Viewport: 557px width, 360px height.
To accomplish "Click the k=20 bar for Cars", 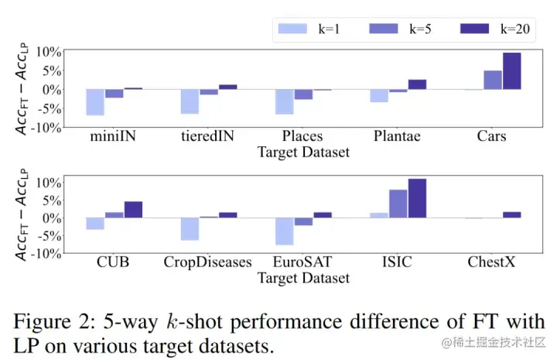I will tap(511, 70).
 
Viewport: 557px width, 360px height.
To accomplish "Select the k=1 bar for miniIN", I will tap(95, 102).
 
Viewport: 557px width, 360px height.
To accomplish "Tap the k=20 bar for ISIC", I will tap(417, 198).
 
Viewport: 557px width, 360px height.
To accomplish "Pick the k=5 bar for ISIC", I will tap(398, 204).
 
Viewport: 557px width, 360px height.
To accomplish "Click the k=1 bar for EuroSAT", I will tap(284, 231).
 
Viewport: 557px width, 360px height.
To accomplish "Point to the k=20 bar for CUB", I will tap(133, 210).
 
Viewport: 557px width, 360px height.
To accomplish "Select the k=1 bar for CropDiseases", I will tap(190, 229).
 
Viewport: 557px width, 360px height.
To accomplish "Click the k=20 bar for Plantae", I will tap(417, 84).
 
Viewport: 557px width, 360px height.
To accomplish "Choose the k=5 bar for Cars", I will tap(493, 80).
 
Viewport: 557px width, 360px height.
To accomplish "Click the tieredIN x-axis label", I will tap(209, 136).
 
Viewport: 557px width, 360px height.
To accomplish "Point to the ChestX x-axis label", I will tap(492, 262).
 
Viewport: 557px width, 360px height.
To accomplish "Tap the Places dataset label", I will tap(302, 136).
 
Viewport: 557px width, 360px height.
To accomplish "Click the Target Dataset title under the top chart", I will tap(303, 153).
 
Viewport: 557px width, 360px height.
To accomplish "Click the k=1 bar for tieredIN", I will tap(190, 101).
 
